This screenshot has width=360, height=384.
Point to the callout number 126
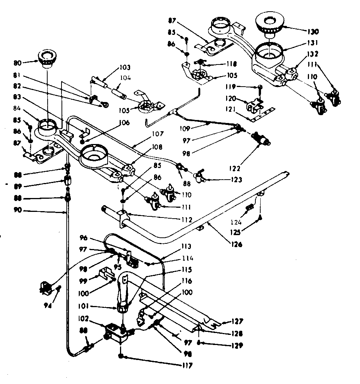(x=237, y=244)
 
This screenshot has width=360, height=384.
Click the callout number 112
(x=186, y=219)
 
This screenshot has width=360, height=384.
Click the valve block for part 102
(x=115, y=332)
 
